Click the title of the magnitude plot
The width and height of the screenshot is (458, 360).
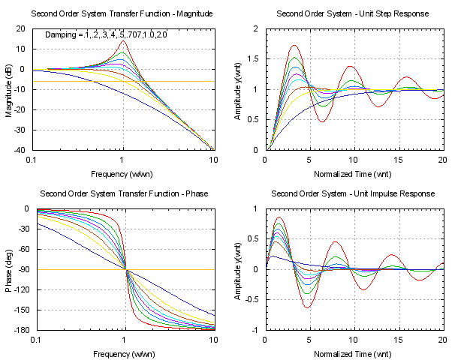[122, 14]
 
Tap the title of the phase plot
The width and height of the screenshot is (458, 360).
[122, 193]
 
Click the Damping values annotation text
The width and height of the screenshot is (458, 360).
[107, 35]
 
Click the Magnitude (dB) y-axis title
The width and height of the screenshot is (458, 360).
[9, 89]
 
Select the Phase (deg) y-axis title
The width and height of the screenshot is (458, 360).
[9, 269]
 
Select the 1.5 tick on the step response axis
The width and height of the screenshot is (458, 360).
[253, 59]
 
